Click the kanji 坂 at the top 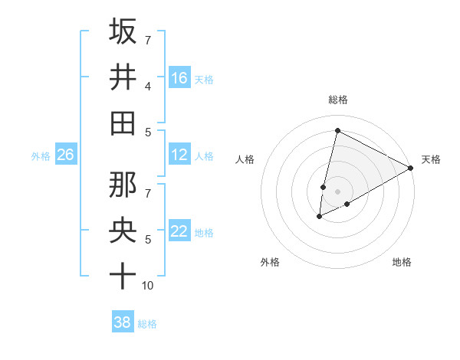point(123,31)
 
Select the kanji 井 point(123,77)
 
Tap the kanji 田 point(123,123)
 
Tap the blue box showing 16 point(179,77)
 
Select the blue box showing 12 point(179,155)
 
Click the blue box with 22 point(179,231)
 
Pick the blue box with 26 point(65,155)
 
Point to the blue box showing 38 point(123,322)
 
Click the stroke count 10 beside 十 point(148,286)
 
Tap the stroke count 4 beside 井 point(148,86)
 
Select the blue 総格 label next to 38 point(147,324)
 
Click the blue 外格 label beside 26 point(41,156)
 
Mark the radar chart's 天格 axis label point(431,159)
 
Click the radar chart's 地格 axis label point(402,262)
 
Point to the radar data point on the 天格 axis point(411,168)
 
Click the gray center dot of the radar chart point(337,191)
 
